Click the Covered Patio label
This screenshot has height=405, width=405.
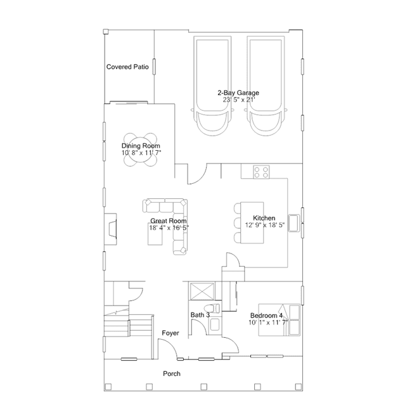[127, 67]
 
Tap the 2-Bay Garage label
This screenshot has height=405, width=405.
[238, 93]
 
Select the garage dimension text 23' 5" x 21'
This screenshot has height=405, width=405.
[239, 100]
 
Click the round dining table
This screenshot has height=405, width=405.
[140, 150]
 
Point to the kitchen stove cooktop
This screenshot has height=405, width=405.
[261, 172]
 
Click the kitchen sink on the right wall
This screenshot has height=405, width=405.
[293, 223]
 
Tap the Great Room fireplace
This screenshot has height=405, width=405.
[110, 229]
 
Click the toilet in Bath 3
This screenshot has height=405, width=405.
[212, 308]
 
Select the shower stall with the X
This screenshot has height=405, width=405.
[202, 291]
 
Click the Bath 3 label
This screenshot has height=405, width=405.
[200, 315]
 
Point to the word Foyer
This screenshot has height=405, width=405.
[170, 333]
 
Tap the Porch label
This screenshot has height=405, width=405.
[172, 374]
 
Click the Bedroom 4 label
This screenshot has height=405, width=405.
[266, 316]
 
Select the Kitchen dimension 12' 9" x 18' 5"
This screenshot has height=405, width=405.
[265, 225]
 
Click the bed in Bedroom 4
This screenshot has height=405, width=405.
[280, 320]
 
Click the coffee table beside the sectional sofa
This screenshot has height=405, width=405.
[155, 236]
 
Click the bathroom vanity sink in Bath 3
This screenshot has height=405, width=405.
[215, 325]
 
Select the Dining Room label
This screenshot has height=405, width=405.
[141, 146]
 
